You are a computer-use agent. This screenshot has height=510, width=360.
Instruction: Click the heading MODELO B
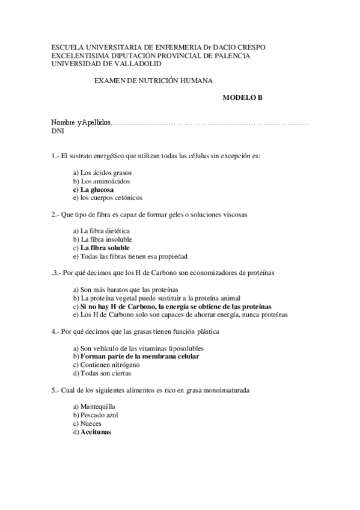tap(243, 96)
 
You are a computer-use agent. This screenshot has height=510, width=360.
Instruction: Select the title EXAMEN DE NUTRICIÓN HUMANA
tap(154, 80)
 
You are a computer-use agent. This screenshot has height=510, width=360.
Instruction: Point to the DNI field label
tap(58, 131)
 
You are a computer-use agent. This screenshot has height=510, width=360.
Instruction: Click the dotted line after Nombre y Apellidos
tap(210, 123)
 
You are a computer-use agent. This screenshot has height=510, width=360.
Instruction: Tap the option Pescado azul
tap(98, 415)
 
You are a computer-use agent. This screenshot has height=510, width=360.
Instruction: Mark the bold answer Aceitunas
tap(96, 432)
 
